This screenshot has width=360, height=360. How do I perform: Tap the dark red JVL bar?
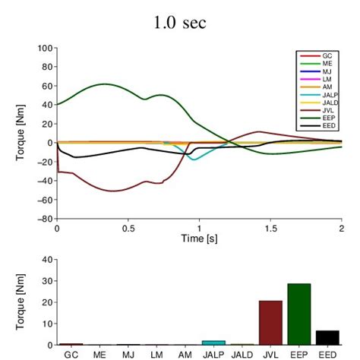[x=270, y=323]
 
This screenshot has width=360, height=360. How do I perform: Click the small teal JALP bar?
[x=213, y=343]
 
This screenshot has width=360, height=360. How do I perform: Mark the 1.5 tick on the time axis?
[x=270, y=227]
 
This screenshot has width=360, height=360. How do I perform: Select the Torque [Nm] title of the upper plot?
[x=21, y=134]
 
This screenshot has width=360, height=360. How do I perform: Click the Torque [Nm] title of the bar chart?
[x=21, y=302]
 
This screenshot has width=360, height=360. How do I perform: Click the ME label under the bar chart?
[x=99, y=354]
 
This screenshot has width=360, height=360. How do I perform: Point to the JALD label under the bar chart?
[x=242, y=354]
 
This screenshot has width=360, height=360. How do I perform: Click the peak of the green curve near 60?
[x=105, y=84]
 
